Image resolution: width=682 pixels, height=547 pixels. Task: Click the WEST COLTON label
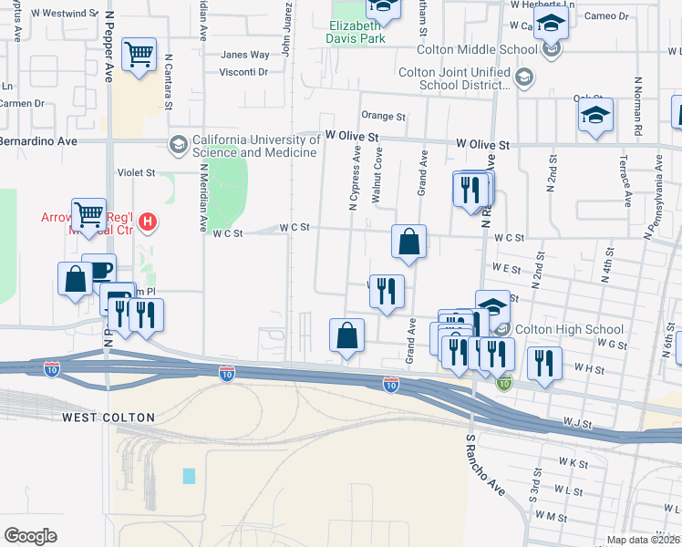pos(108,418)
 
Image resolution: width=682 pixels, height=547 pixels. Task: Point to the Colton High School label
pos(569,330)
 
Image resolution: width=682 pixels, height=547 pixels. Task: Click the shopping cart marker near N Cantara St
pos(139,56)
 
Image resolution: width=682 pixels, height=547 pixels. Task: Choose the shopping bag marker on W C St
pos(409,243)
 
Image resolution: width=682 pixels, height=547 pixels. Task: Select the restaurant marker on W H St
pos(544,363)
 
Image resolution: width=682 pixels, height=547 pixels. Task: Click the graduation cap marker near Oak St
pos(595,116)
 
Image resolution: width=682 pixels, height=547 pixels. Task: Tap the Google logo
pos(30,536)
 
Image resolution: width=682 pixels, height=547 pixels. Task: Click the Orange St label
pos(383,116)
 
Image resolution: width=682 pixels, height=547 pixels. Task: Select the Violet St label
pos(137,171)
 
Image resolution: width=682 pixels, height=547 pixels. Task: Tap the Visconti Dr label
pos(244,72)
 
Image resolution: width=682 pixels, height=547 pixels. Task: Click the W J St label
pos(577,424)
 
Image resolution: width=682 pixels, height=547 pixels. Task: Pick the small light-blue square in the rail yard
pos(189,476)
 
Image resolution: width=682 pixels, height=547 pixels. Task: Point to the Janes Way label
pos(245,55)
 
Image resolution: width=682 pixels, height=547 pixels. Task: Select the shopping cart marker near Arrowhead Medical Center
pos(88,216)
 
